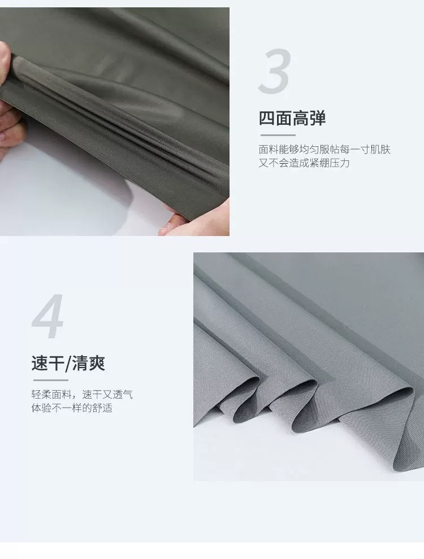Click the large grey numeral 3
point(275,72)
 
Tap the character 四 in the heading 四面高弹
point(267,119)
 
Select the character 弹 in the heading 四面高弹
point(318,119)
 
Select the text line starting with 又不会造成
point(305,163)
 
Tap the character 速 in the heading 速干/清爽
point(40,363)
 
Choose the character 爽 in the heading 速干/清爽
point(96,363)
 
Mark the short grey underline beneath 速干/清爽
point(50,381)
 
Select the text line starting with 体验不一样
point(72,408)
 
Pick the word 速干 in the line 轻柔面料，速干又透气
point(92,395)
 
